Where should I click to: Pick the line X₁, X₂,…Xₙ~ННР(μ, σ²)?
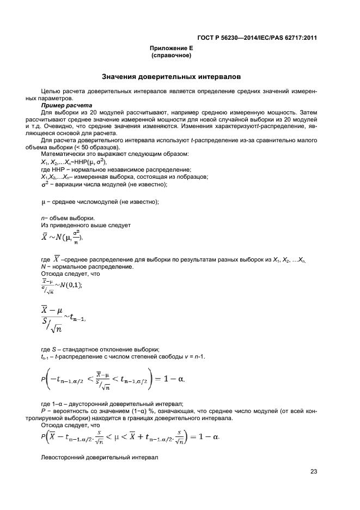point(74,162)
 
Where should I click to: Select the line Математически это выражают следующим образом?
point(115,154)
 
